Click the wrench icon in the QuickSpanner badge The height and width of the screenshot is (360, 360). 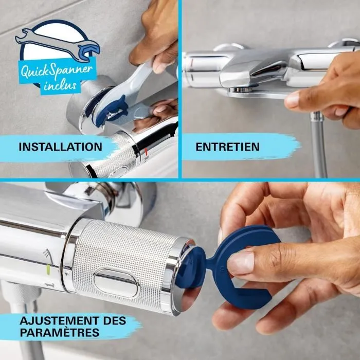point(57,43)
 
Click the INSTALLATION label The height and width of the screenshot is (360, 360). point(60,147)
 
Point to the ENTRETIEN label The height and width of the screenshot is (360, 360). point(227,147)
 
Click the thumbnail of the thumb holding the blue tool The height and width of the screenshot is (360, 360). point(240,263)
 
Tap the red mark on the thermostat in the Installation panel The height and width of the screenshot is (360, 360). point(147,153)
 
